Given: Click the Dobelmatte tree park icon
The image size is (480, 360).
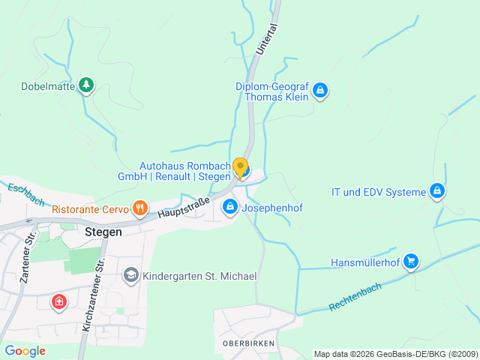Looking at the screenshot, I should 87,85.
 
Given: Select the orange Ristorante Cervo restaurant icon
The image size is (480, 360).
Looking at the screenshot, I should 139,207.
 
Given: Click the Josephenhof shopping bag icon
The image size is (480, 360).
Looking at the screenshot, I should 230,205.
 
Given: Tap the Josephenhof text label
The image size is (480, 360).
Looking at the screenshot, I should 272,208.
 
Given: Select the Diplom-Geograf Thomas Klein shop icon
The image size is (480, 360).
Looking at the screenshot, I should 320,91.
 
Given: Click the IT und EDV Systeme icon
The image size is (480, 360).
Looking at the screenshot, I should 437,191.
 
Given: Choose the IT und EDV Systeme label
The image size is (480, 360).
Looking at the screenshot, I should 379,193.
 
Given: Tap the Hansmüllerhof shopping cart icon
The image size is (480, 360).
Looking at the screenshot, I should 410,261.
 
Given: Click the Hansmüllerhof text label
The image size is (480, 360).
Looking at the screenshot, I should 364,262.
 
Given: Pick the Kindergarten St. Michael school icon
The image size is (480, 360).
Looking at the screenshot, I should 131,275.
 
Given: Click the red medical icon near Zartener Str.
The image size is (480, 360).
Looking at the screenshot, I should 58,302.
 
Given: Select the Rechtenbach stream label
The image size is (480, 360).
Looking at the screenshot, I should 355,297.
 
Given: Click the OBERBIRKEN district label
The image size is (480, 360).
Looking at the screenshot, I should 248,343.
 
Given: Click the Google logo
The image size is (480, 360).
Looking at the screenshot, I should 25,350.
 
